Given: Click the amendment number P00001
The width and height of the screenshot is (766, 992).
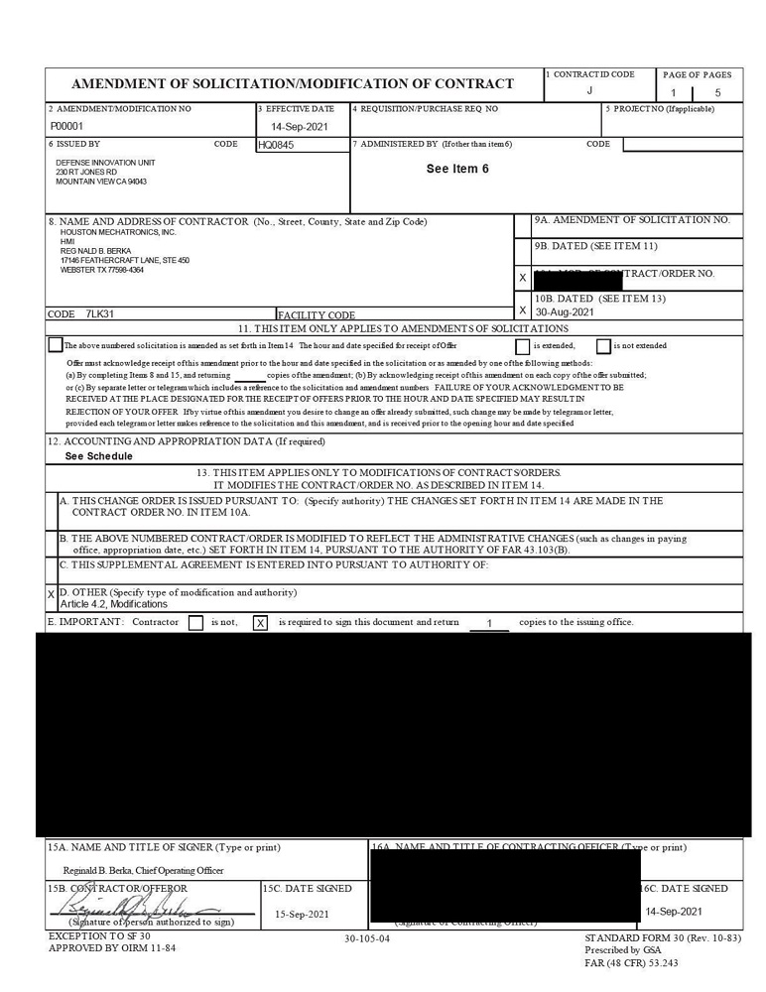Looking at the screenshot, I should (66, 127).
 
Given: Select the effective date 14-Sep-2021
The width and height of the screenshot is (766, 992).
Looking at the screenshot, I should (300, 127).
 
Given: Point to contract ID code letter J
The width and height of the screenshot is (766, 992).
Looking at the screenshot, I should (589, 90).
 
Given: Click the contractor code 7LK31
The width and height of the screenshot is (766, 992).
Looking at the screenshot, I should (99, 313).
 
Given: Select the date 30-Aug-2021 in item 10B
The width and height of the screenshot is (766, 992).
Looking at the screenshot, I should (565, 311).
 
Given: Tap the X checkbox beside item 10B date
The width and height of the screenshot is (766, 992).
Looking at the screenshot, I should (523, 310).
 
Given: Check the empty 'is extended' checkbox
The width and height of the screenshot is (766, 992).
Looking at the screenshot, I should (522, 346).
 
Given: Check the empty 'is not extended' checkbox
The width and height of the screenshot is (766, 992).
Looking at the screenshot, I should (603, 346).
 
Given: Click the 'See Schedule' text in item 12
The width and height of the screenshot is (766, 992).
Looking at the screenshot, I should (98, 456).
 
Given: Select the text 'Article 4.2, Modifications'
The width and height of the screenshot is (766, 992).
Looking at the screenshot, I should (114, 604).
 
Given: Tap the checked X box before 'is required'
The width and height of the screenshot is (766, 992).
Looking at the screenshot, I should (260, 623).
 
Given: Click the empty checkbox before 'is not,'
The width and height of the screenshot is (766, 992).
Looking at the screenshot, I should (195, 623).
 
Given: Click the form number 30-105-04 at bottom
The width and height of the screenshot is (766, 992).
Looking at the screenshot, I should (367, 937).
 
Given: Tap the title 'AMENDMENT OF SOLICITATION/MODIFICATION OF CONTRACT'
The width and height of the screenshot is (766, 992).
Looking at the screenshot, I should (293, 83).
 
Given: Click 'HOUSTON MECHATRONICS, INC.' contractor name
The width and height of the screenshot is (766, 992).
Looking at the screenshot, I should (117, 232).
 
